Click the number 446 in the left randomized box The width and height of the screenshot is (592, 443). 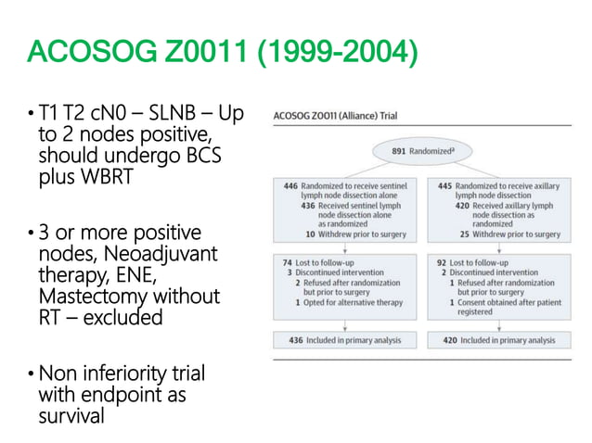point(290,185)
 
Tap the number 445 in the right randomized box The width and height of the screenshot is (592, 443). point(445,185)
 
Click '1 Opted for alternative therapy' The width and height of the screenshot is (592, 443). point(347,302)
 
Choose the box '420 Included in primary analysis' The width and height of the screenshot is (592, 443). point(497,340)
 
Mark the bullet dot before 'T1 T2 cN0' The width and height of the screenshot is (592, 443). point(32,114)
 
